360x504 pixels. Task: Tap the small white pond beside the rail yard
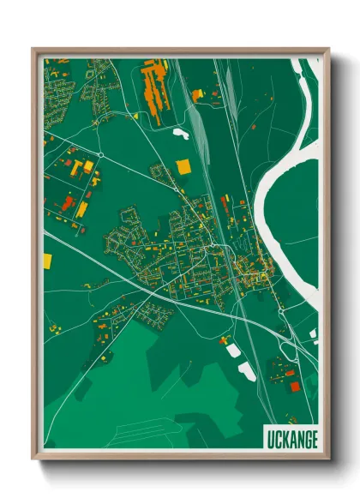point(181,132)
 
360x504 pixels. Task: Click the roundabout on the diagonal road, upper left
point(100,154)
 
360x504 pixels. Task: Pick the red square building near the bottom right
point(295,386)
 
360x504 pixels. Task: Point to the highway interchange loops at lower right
point(296,339)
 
